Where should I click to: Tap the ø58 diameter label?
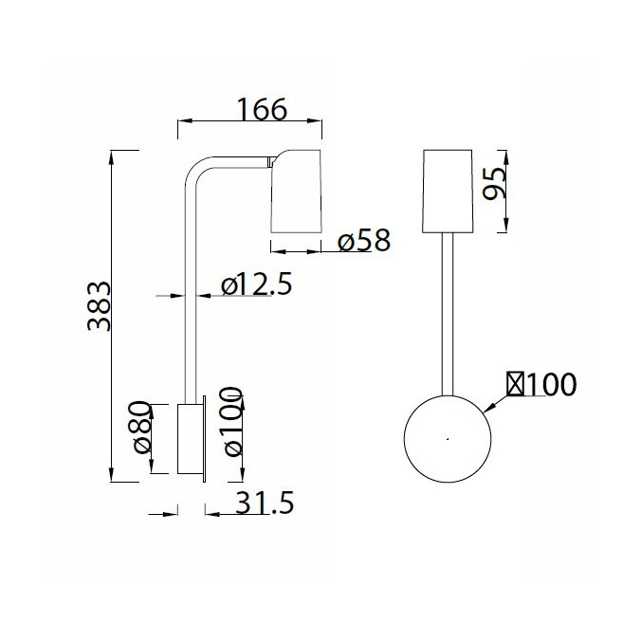pyautogui.click(x=364, y=242)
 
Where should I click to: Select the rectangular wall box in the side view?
pyautogui.click(x=191, y=440)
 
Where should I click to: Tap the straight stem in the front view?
pyautogui.click(x=448, y=313)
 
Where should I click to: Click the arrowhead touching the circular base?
pyautogui.click(x=489, y=409)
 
